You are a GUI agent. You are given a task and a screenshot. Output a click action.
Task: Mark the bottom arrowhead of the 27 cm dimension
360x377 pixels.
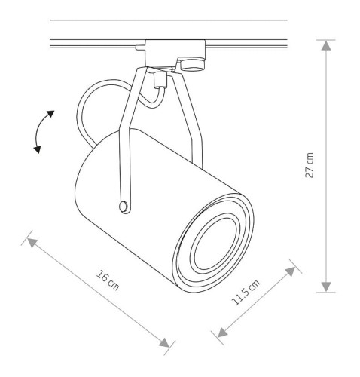pos(325,286)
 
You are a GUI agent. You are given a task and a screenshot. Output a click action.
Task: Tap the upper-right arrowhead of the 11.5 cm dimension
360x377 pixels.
pos(289,270)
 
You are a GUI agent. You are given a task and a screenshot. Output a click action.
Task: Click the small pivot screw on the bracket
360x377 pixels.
pos(123,206)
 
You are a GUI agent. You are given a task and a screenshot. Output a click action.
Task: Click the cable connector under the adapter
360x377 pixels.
pos(158,79)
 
